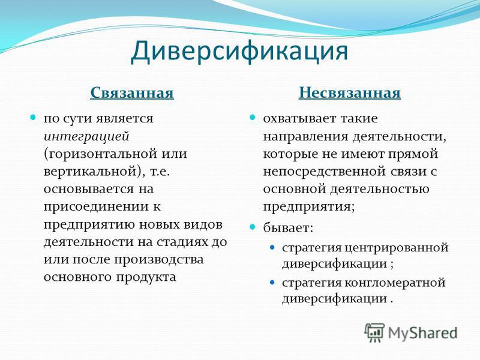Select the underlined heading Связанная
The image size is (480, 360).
pyautogui.click(x=132, y=92)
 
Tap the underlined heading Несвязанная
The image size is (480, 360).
pyautogui.click(x=350, y=92)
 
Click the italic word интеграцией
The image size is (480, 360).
pyautogui.click(x=86, y=137)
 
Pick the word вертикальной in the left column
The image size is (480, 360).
pyautogui.click(x=92, y=172)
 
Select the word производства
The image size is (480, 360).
pyautogui.click(x=159, y=260)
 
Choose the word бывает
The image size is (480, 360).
pyautogui.click(x=287, y=227)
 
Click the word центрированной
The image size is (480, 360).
pyautogui.click(x=397, y=247)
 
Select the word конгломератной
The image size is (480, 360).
pyautogui.click(x=395, y=283)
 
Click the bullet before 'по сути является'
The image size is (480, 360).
pyautogui.click(x=33, y=117)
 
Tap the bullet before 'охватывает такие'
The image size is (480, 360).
pyautogui.click(x=252, y=117)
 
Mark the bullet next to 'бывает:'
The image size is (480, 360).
pyautogui.click(x=252, y=227)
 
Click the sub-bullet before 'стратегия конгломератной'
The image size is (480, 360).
pyautogui.click(x=272, y=282)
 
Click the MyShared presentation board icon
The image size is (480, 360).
pyautogui.click(x=374, y=332)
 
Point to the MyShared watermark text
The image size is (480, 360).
pyautogui.click(x=422, y=333)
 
